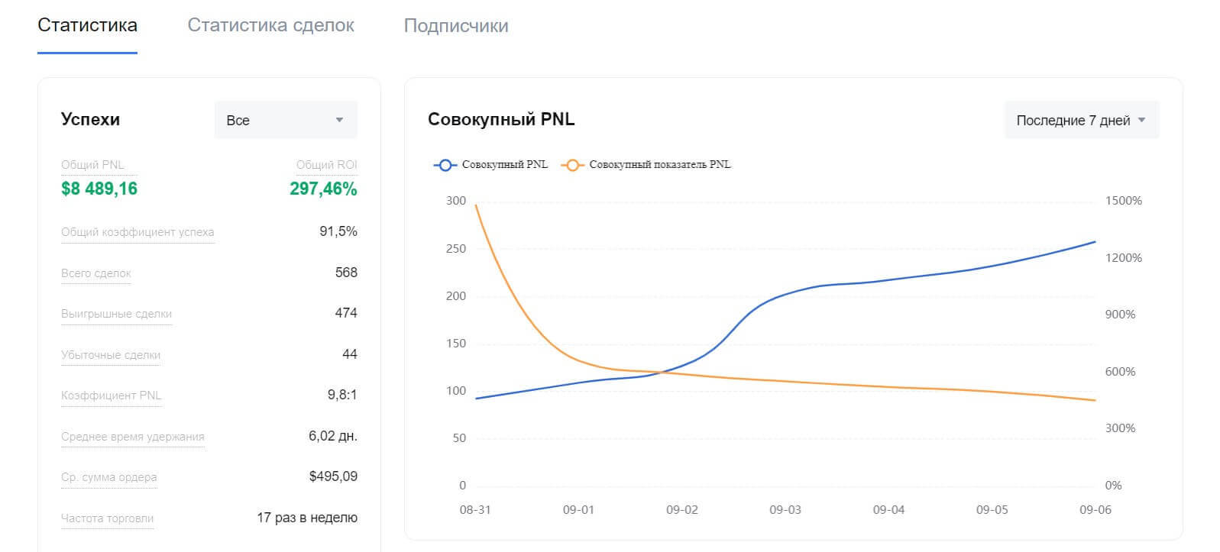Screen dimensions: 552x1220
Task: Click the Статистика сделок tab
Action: click(270, 25)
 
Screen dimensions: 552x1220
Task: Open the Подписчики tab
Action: click(455, 25)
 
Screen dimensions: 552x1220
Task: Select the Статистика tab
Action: click(87, 25)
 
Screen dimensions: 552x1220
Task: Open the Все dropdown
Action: click(285, 120)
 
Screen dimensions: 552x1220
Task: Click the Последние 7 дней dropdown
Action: click(1081, 120)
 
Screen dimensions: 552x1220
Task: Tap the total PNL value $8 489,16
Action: click(99, 189)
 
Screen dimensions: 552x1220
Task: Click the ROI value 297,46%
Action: click(323, 189)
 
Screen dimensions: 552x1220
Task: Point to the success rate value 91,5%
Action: click(338, 231)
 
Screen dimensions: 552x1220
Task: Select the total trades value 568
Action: click(346, 273)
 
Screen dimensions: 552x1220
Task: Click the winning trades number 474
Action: click(346, 313)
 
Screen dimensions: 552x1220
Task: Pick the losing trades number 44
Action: click(350, 354)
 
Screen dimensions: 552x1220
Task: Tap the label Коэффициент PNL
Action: click(111, 395)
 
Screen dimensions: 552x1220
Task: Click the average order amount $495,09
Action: click(333, 476)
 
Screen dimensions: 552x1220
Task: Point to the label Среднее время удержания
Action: click(133, 437)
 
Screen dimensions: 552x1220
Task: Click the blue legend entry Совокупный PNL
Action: click(491, 164)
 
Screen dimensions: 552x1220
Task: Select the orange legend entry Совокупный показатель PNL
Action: click(646, 164)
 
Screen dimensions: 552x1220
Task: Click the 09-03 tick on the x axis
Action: click(785, 509)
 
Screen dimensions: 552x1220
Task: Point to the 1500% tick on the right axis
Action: click(1123, 201)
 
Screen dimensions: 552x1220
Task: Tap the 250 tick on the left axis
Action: click(456, 249)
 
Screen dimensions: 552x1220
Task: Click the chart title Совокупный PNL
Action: click(501, 119)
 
